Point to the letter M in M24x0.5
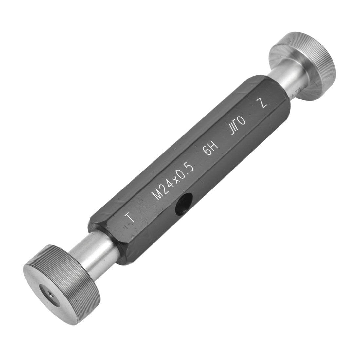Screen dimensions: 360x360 coord(158,195)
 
